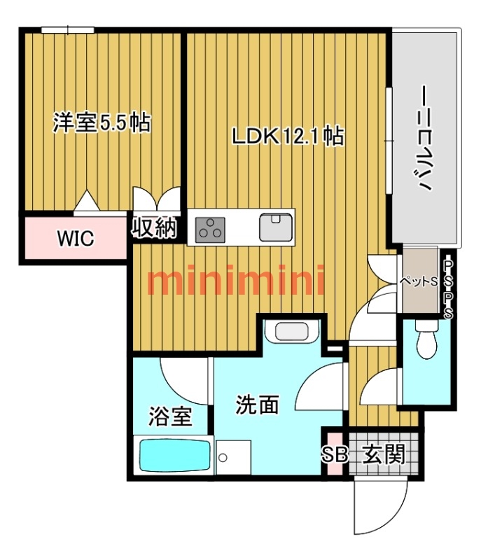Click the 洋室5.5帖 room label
[102, 122]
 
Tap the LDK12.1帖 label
[288, 136]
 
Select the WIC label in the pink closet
[76, 238]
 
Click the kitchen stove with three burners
[210, 230]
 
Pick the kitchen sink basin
[276, 227]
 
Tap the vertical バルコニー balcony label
[425, 138]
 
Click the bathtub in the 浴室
[174, 455]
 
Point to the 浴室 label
[170, 416]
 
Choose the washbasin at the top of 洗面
[291, 331]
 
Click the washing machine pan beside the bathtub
[233, 457]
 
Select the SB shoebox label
[335, 455]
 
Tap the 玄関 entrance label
[384, 454]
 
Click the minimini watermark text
[236, 281]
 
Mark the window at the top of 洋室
[67, 30]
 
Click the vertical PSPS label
[449, 289]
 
